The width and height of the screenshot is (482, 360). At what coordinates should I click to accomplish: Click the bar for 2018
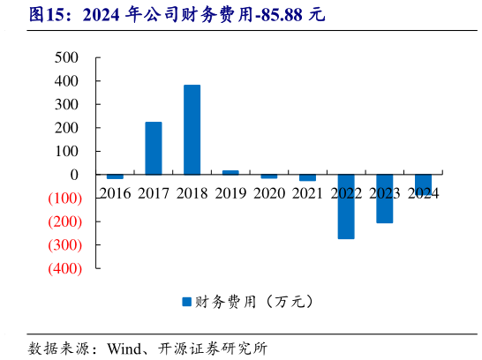[192, 130]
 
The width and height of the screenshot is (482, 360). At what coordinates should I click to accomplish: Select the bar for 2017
[154, 148]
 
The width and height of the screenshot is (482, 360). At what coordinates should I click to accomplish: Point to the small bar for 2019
[230, 173]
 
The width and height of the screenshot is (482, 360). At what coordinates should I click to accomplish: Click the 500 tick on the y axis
[67, 57]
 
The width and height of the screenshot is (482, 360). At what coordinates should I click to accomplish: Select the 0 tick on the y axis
[75, 175]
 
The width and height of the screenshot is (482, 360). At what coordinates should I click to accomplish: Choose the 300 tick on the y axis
[67, 104]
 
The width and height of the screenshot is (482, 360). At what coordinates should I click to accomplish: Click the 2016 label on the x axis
[115, 192]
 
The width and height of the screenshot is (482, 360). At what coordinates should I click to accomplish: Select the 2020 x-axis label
[268, 192]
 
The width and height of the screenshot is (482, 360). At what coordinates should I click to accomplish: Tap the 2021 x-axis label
[307, 192]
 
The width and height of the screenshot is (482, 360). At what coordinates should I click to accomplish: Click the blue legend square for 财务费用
[186, 302]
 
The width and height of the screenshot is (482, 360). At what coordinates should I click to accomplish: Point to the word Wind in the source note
[126, 348]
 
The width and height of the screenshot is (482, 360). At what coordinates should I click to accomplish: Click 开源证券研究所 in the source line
[212, 348]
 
